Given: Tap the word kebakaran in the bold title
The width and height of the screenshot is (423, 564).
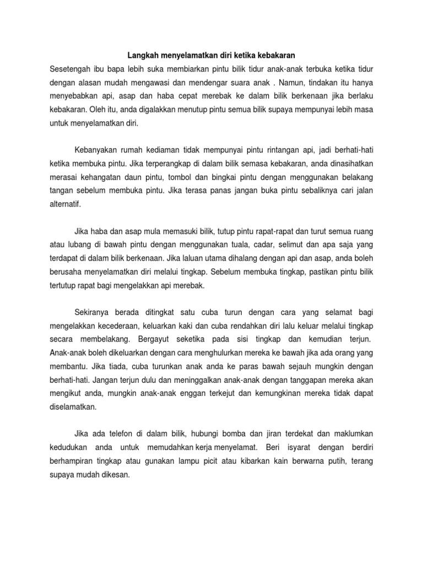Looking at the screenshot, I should click(x=276, y=56).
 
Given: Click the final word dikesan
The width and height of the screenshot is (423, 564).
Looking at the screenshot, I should click(x=112, y=476).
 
